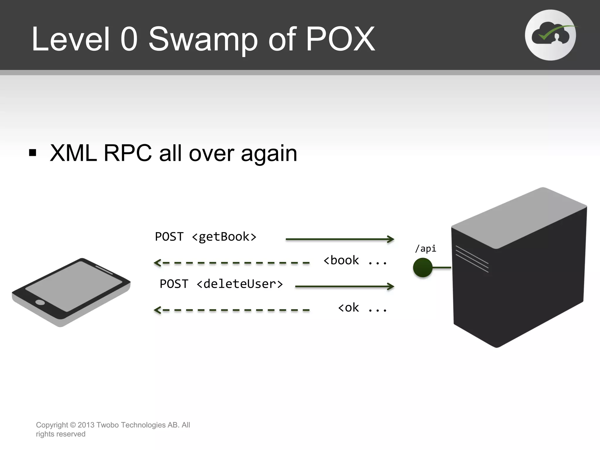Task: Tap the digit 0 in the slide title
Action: click(x=129, y=39)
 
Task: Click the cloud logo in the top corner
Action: click(x=550, y=35)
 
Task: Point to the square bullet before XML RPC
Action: click(x=33, y=153)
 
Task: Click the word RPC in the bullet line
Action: click(x=127, y=153)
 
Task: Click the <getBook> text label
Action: click(x=224, y=237)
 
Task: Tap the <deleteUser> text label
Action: click(x=240, y=284)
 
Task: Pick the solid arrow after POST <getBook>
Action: click(x=340, y=239)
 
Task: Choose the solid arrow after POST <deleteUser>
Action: click(x=345, y=286)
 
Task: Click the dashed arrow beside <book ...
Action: click(x=231, y=263)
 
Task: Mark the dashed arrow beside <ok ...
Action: click(x=231, y=310)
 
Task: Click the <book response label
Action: click(x=341, y=260)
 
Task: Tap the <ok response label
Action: click(x=348, y=308)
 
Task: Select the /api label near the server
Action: click(x=425, y=248)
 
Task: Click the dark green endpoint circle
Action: click(x=422, y=267)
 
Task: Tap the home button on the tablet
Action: click(x=40, y=302)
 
